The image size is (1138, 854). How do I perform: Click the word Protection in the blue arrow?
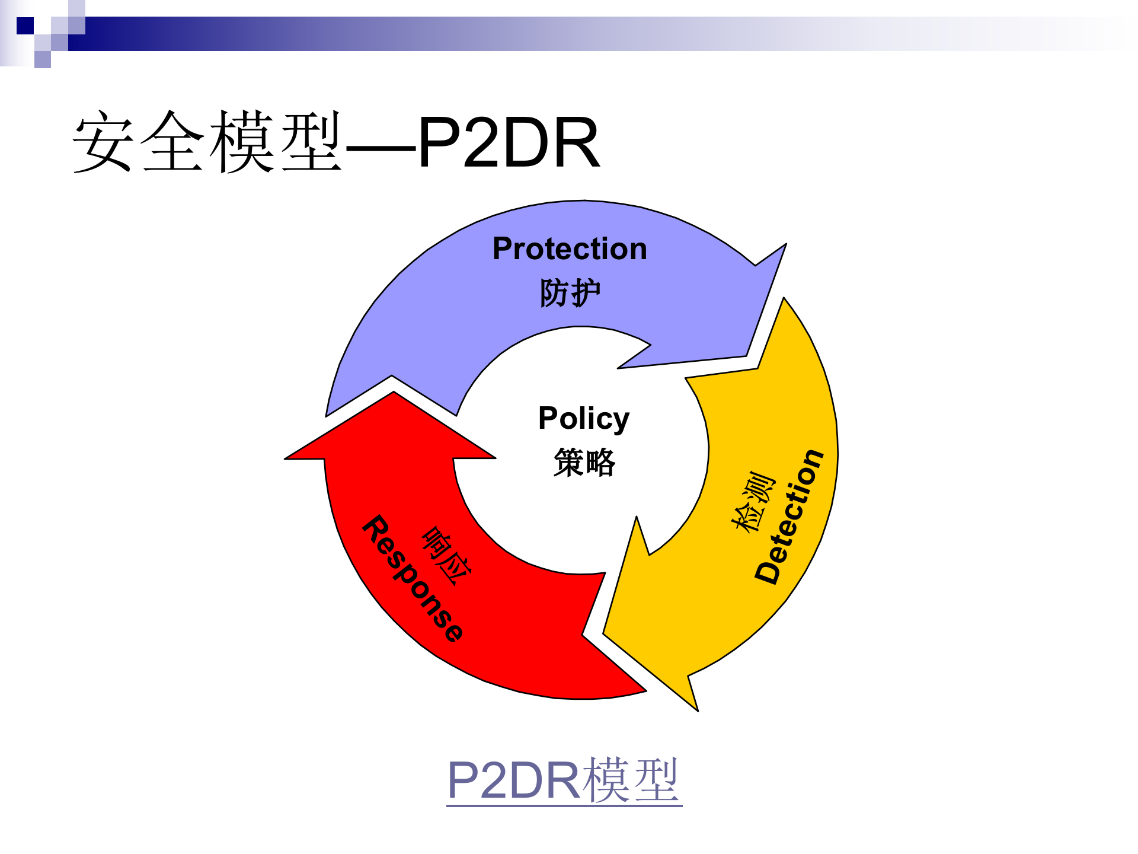coord(570,248)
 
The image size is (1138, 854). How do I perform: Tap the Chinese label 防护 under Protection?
coord(570,293)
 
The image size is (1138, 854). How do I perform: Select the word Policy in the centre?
coord(584,419)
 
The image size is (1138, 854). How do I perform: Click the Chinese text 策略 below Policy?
coord(584,462)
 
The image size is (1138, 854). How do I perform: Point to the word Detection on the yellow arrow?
coord(789,516)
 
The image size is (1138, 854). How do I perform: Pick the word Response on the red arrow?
coord(413,579)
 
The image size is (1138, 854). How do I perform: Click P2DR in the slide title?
coord(509,143)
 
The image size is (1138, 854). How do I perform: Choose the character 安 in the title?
coord(103,143)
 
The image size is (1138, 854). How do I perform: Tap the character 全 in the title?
coord(173,143)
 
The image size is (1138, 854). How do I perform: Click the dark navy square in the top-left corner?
coord(25,26)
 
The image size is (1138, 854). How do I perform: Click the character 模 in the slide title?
coord(242,143)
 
